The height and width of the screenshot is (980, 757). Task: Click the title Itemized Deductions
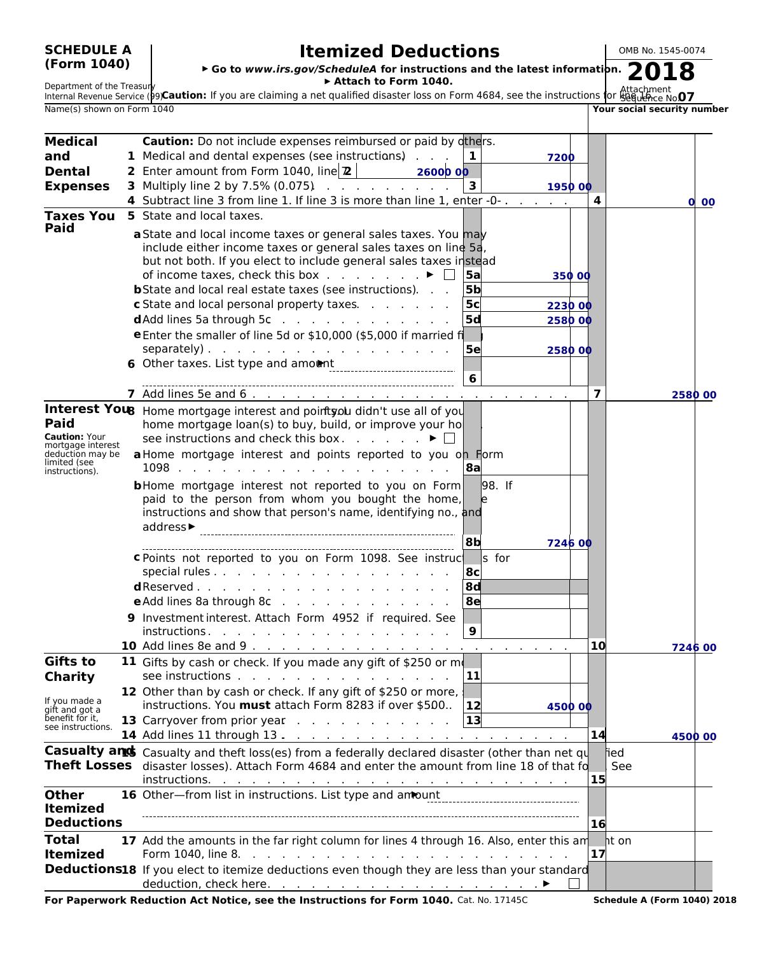tap(399, 52)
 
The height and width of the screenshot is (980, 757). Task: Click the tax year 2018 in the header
tap(661, 72)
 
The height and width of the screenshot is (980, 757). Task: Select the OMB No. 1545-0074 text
tap(662, 51)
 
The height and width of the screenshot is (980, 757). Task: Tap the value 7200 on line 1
tap(560, 158)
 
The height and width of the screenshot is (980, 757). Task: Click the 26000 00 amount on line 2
tap(442, 172)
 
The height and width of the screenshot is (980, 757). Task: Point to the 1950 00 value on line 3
tap(569, 187)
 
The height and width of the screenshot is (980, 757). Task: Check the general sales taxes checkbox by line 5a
tap(449, 275)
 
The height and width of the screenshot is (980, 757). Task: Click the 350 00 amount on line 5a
tap(571, 276)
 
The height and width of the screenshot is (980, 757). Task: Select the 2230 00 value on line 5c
tap(569, 306)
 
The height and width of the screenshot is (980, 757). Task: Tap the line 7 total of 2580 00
tap(693, 395)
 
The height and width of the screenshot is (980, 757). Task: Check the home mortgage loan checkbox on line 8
tap(449, 438)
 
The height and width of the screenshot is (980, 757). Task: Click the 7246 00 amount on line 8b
tap(569, 543)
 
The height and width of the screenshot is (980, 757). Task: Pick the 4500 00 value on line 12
tap(569, 707)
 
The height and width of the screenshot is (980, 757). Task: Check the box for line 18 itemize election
tap(574, 883)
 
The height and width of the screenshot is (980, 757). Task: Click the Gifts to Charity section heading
tap(69, 669)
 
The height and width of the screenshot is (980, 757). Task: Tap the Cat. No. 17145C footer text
tap(492, 900)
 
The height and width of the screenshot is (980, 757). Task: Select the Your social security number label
tap(660, 109)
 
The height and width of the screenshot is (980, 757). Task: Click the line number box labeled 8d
tap(473, 587)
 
